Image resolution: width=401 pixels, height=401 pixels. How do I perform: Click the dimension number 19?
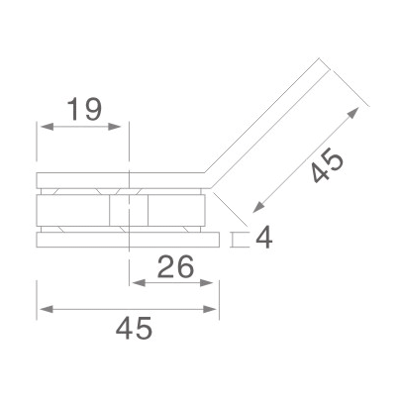tap(84, 109)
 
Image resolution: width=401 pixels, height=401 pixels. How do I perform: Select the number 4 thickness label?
tap(262, 238)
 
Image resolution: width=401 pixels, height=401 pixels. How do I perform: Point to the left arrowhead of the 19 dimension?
tap(42, 126)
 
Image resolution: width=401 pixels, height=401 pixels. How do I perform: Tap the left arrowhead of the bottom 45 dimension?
tap(42, 309)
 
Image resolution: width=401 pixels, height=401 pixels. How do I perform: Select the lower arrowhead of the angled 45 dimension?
tap(255, 208)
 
